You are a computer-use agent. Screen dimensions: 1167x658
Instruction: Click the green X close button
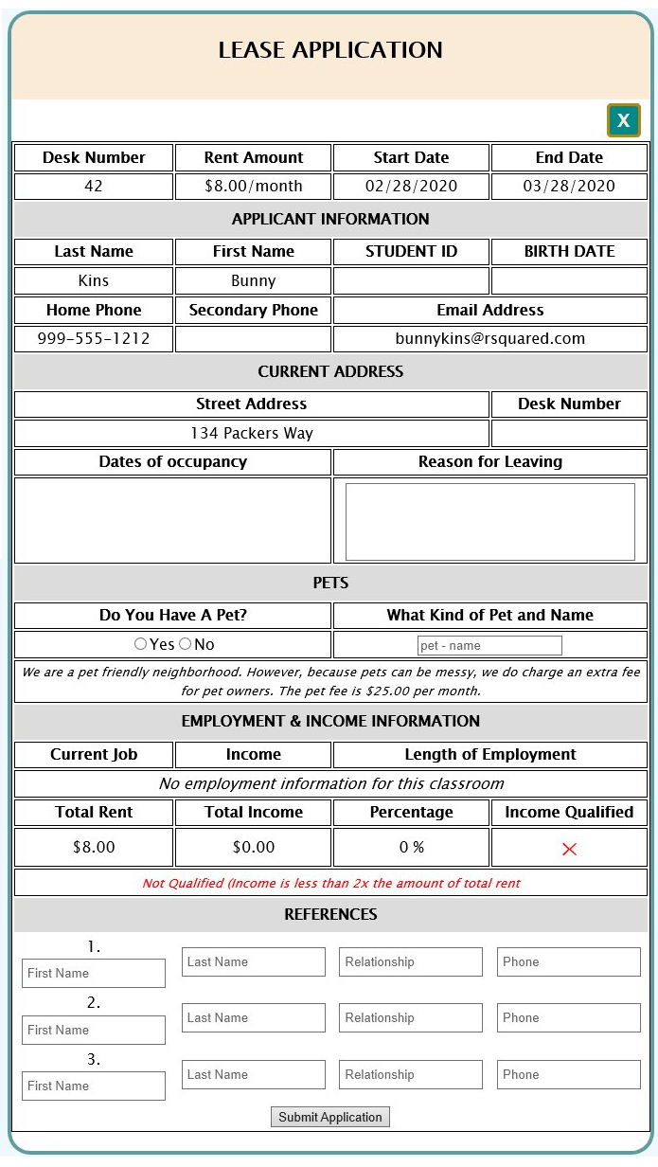tap(623, 120)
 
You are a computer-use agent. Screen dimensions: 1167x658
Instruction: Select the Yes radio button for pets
tap(140, 644)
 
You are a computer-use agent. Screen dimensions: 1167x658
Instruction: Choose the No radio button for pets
tap(185, 644)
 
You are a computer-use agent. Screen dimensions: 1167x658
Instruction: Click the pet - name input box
tap(489, 645)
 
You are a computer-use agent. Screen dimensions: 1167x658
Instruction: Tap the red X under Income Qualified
tap(569, 849)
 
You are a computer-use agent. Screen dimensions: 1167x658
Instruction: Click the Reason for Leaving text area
tap(489, 522)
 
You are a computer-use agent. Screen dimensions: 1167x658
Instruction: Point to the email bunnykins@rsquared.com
tap(489, 338)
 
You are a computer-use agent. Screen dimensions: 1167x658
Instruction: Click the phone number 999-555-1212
tap(94, 338)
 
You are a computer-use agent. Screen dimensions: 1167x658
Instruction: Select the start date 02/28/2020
tap(411, 186)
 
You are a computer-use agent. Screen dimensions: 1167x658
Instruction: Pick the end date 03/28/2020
tap(569, 186)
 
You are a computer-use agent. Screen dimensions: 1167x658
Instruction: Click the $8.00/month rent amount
tap(254, 186)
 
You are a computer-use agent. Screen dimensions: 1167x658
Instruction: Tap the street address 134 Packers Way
tap(251, 434)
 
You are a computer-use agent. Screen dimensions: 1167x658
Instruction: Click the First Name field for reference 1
tap(94, 973)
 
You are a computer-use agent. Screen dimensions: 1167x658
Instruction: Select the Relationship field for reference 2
tap(411, 1018)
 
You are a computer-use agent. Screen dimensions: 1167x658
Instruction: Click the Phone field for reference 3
tap(569, 1074)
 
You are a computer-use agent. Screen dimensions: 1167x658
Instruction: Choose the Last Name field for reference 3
tap(254, 1074)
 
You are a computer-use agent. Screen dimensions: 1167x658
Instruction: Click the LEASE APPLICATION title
tap(330, 50)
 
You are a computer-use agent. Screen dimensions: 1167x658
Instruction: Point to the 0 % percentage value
tap(411, 847)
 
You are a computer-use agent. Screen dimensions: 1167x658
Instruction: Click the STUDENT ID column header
tap(411, 251)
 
